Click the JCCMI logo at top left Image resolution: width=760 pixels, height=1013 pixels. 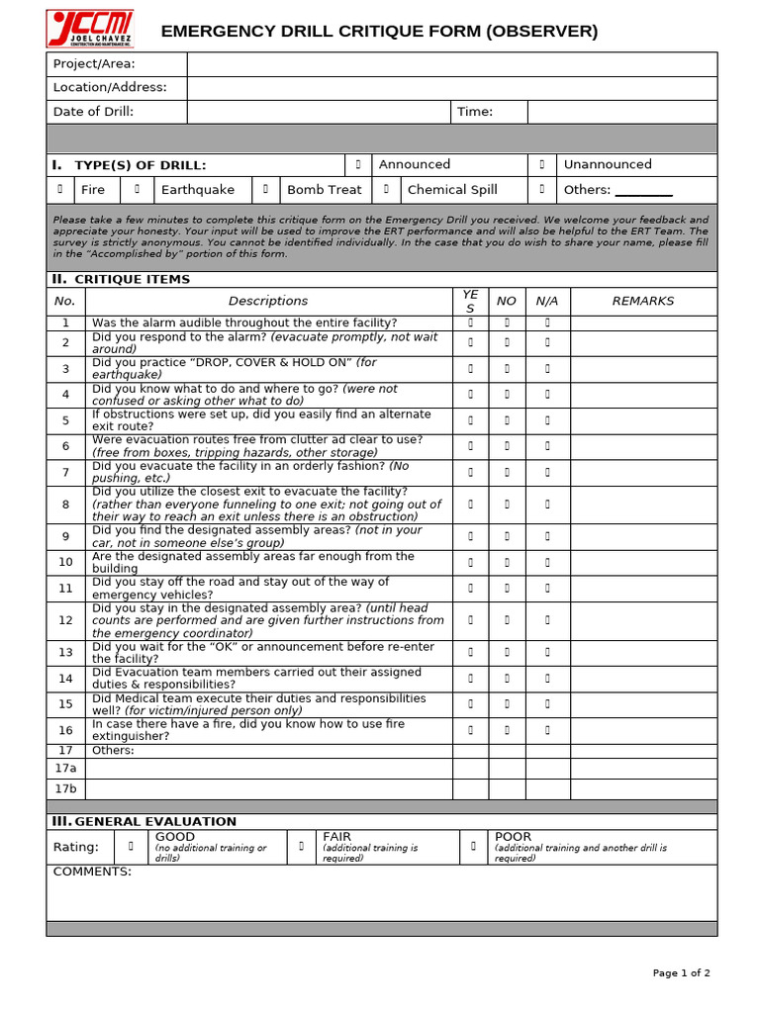[x=90, y=29]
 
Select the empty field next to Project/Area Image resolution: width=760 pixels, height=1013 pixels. [x=451, y=64]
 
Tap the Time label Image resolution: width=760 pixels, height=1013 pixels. [x=475, y=112]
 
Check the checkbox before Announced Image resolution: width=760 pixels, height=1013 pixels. [x=358, y=165]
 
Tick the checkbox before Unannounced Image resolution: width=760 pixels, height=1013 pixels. [x=542, y=165]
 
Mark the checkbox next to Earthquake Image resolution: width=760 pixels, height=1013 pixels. [x=138, y=190]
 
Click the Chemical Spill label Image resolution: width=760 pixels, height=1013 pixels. [x=452, y=190]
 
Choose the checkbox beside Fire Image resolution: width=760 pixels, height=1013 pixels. [x=59, y=190]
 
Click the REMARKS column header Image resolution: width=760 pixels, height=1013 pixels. [x=642, y=301]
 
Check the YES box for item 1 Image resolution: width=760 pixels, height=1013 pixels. [x=470, y=322]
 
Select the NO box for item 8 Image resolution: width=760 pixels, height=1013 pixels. [x=507, y=505]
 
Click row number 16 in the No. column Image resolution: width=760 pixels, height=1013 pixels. [x=65, y=731]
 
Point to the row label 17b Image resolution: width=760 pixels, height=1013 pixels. [x=65, y=789]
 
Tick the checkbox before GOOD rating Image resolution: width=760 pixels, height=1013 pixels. [x=131, y=847]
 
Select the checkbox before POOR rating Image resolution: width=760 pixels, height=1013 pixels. [x=473, y=847]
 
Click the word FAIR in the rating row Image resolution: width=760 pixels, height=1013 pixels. [x=336, y=837]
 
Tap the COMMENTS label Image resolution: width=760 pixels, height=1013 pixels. [x=92, y=872]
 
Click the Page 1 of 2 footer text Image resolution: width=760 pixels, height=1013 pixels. [x=681, y=973]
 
